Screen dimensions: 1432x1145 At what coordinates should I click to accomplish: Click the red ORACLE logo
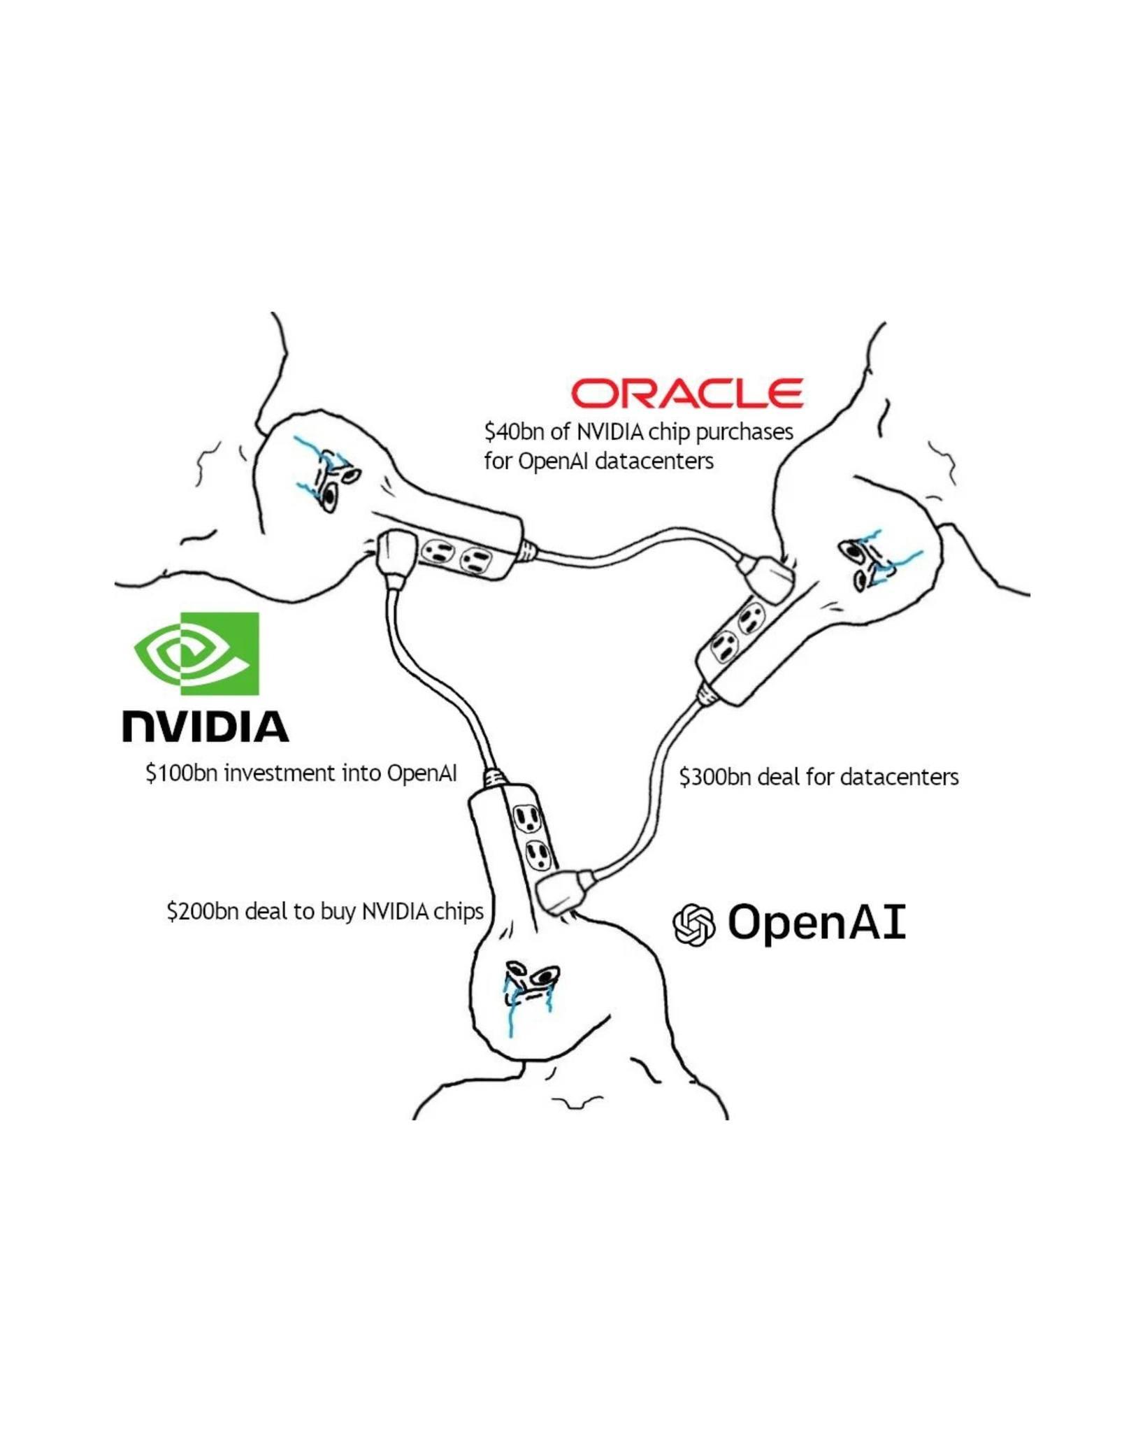click(x=687, y=393)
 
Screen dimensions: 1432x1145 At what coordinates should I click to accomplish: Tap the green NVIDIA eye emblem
click(x=197, y=653)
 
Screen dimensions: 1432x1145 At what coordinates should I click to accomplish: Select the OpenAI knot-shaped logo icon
click(x=693, y=924)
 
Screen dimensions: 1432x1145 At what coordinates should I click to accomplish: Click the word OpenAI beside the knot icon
click(x=816, y=923)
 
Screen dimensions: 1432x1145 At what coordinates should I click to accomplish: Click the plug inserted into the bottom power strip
click(x=559, y=893)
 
